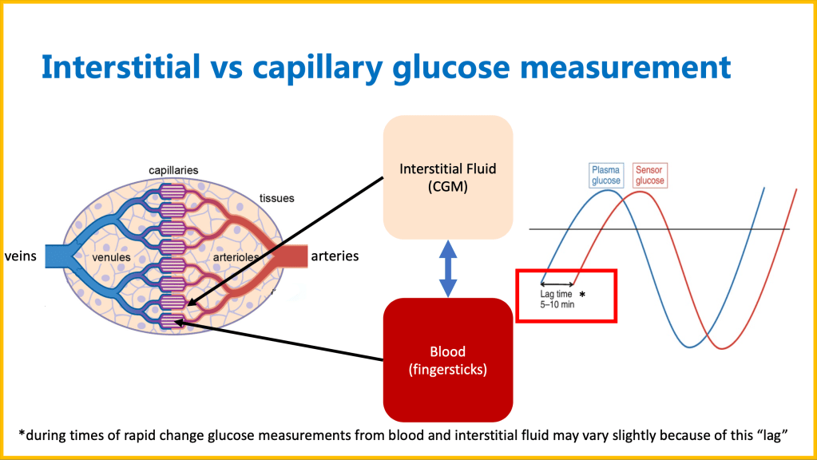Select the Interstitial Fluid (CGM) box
pyautogui.click(x=447, y=176)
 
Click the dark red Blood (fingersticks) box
pyautogui.click(x=447, y=359)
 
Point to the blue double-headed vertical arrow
pyautogui.click(x=447, y=268)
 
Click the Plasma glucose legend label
pyautogui.click(x=605, y=175)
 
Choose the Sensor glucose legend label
pyautogui.click(x=649, y=175)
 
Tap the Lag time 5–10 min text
pyautogui.click(x=557, y=299)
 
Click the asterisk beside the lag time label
pyautogui.click(x=582, y=295)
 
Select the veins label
pyautogui.click(x=22, y=256)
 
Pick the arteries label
pyautogui.click(x=335, y=256)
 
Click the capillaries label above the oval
pyautogui.click(x=173, y=170)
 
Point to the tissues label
pyautogui.click(x=278, y=198)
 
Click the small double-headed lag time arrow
pyautogui.click(x=557, y=284)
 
